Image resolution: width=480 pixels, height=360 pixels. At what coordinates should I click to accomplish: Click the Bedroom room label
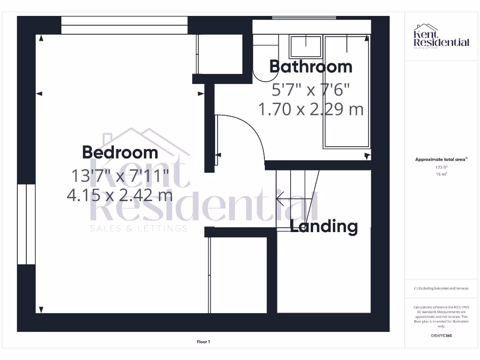pyautogui.click(x=120, y=152)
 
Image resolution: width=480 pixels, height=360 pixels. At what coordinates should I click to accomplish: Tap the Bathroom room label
pyautogui.click(x=310, y=67)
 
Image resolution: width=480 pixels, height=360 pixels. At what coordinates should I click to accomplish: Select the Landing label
pyautogui.click(x=324, y=226)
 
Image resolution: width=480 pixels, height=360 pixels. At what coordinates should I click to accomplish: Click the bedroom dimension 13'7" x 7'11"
pyautogui.click(x=120, y=176)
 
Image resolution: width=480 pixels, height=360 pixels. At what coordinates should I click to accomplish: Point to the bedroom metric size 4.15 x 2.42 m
pyautogui.click(x=120, y=194)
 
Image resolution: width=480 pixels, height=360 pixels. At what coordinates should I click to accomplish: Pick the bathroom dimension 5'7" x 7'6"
pyautogui.click(x=311, y=89)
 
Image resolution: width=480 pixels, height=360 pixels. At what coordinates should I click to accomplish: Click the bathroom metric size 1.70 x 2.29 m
pyautogui.click(x=311, y=109)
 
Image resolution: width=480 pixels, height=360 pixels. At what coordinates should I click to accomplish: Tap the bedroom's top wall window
pyautogui.click(x=124, y=25)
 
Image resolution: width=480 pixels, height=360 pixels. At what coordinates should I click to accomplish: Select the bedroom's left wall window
pyautogui.click(x=26, y=224)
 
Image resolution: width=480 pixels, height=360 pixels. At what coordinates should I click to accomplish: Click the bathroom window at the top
pyautogui.click(x=304, y=18)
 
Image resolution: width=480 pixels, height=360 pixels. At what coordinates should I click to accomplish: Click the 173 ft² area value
pyautogui.click(x=441, y=167)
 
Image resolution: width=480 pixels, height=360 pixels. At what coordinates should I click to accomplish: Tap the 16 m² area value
pyautogui.click(x=441, y=174)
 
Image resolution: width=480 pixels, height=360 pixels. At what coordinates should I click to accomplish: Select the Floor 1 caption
pyautogui.click(x=203, y=342)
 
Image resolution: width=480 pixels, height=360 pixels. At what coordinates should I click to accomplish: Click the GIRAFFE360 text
pyautogui.click(x=441, y=336)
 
